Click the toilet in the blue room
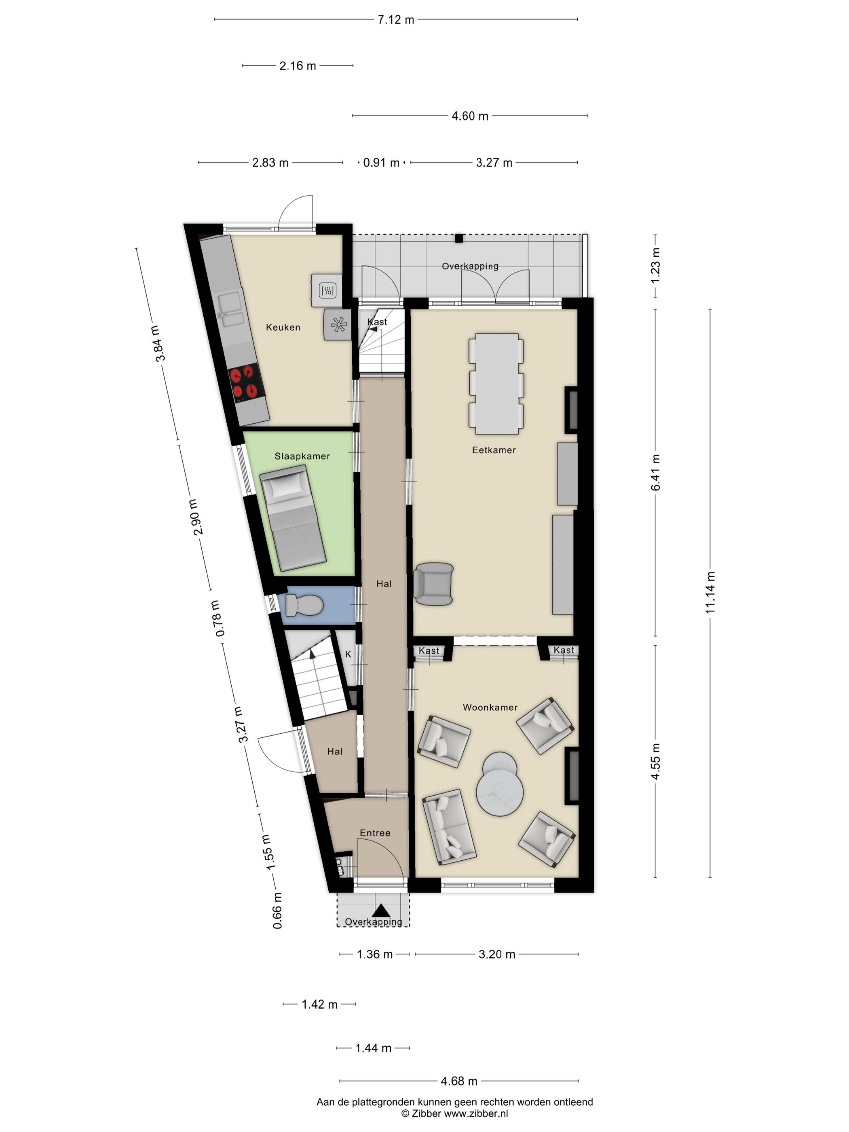(x=304, y=605)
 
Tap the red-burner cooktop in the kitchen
(x=245, y=382)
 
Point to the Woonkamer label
(x=490, y=707)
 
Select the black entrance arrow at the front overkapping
(x=381, y=910)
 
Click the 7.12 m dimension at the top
(x=395, y=20)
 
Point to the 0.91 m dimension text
(x=381, y=163)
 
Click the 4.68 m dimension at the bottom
(x=458, y=1081)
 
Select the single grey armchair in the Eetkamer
(x=433, y=584)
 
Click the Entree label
(x=375, y=832)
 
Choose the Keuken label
(x=283, y=327)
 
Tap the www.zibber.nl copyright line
(x=454, y=1113)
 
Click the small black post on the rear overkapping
(x=459, y=238)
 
